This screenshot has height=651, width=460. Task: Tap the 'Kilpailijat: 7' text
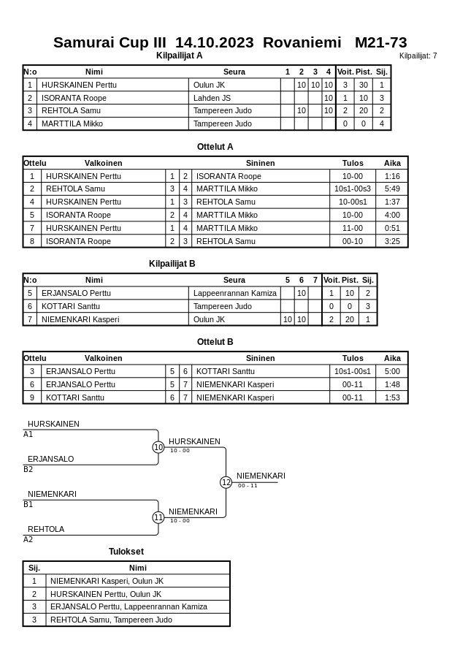coord(418,56)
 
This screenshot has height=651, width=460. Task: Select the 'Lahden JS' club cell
coord(212,98)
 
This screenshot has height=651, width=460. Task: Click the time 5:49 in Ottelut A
coord(392,189)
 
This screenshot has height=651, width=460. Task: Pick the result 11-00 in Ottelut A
coord(353,228)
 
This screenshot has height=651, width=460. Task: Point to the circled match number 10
coord(158,447)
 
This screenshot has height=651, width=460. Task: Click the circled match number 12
coord(226,482)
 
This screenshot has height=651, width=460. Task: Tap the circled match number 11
coord(158,517)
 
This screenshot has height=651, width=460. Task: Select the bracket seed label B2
coord(28,470)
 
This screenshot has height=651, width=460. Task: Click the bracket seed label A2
coord(28,540)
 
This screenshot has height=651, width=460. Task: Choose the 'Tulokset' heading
coord(126,552)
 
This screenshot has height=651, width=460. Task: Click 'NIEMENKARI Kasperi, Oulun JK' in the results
coord(107,581)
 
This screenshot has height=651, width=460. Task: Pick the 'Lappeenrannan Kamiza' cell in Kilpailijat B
coord(235,293)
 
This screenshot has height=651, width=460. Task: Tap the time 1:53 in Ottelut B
coord(392,397)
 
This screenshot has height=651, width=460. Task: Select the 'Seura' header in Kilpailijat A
coord(234,72)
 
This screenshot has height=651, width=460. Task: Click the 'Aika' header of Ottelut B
coord(392,358)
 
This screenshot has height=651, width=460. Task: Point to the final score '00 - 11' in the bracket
coord(248,486)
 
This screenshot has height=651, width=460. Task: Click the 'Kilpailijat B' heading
coord(172,264)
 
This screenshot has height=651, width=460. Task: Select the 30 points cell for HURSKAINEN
coord(363,85)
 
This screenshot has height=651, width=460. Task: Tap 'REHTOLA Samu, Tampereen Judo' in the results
coord(111,620)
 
